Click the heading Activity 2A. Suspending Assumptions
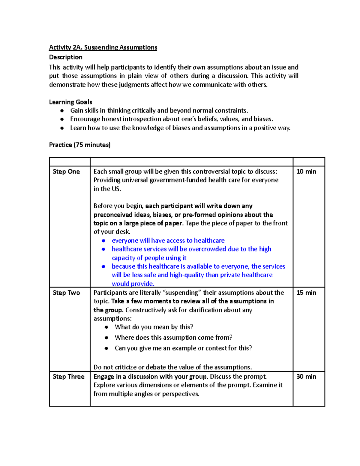tap(103, 47)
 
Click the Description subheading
tap(66, 57)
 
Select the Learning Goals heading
tap(70, 102)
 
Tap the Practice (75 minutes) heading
tap(80, 145)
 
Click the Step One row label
tap(66, 172)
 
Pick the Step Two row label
tap(66, 293)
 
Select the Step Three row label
tap(68, 377)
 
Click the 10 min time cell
tap(306, 172)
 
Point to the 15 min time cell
tap(306, 293)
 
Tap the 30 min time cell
tap(306, 377)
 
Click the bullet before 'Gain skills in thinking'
tap(62, 111)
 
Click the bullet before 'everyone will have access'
tap(103, 241)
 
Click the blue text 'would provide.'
tap(133, 284)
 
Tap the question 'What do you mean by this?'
tap(154, 327)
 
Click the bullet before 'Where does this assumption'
tap(106, 338)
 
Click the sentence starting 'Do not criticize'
tap(172, 367)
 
